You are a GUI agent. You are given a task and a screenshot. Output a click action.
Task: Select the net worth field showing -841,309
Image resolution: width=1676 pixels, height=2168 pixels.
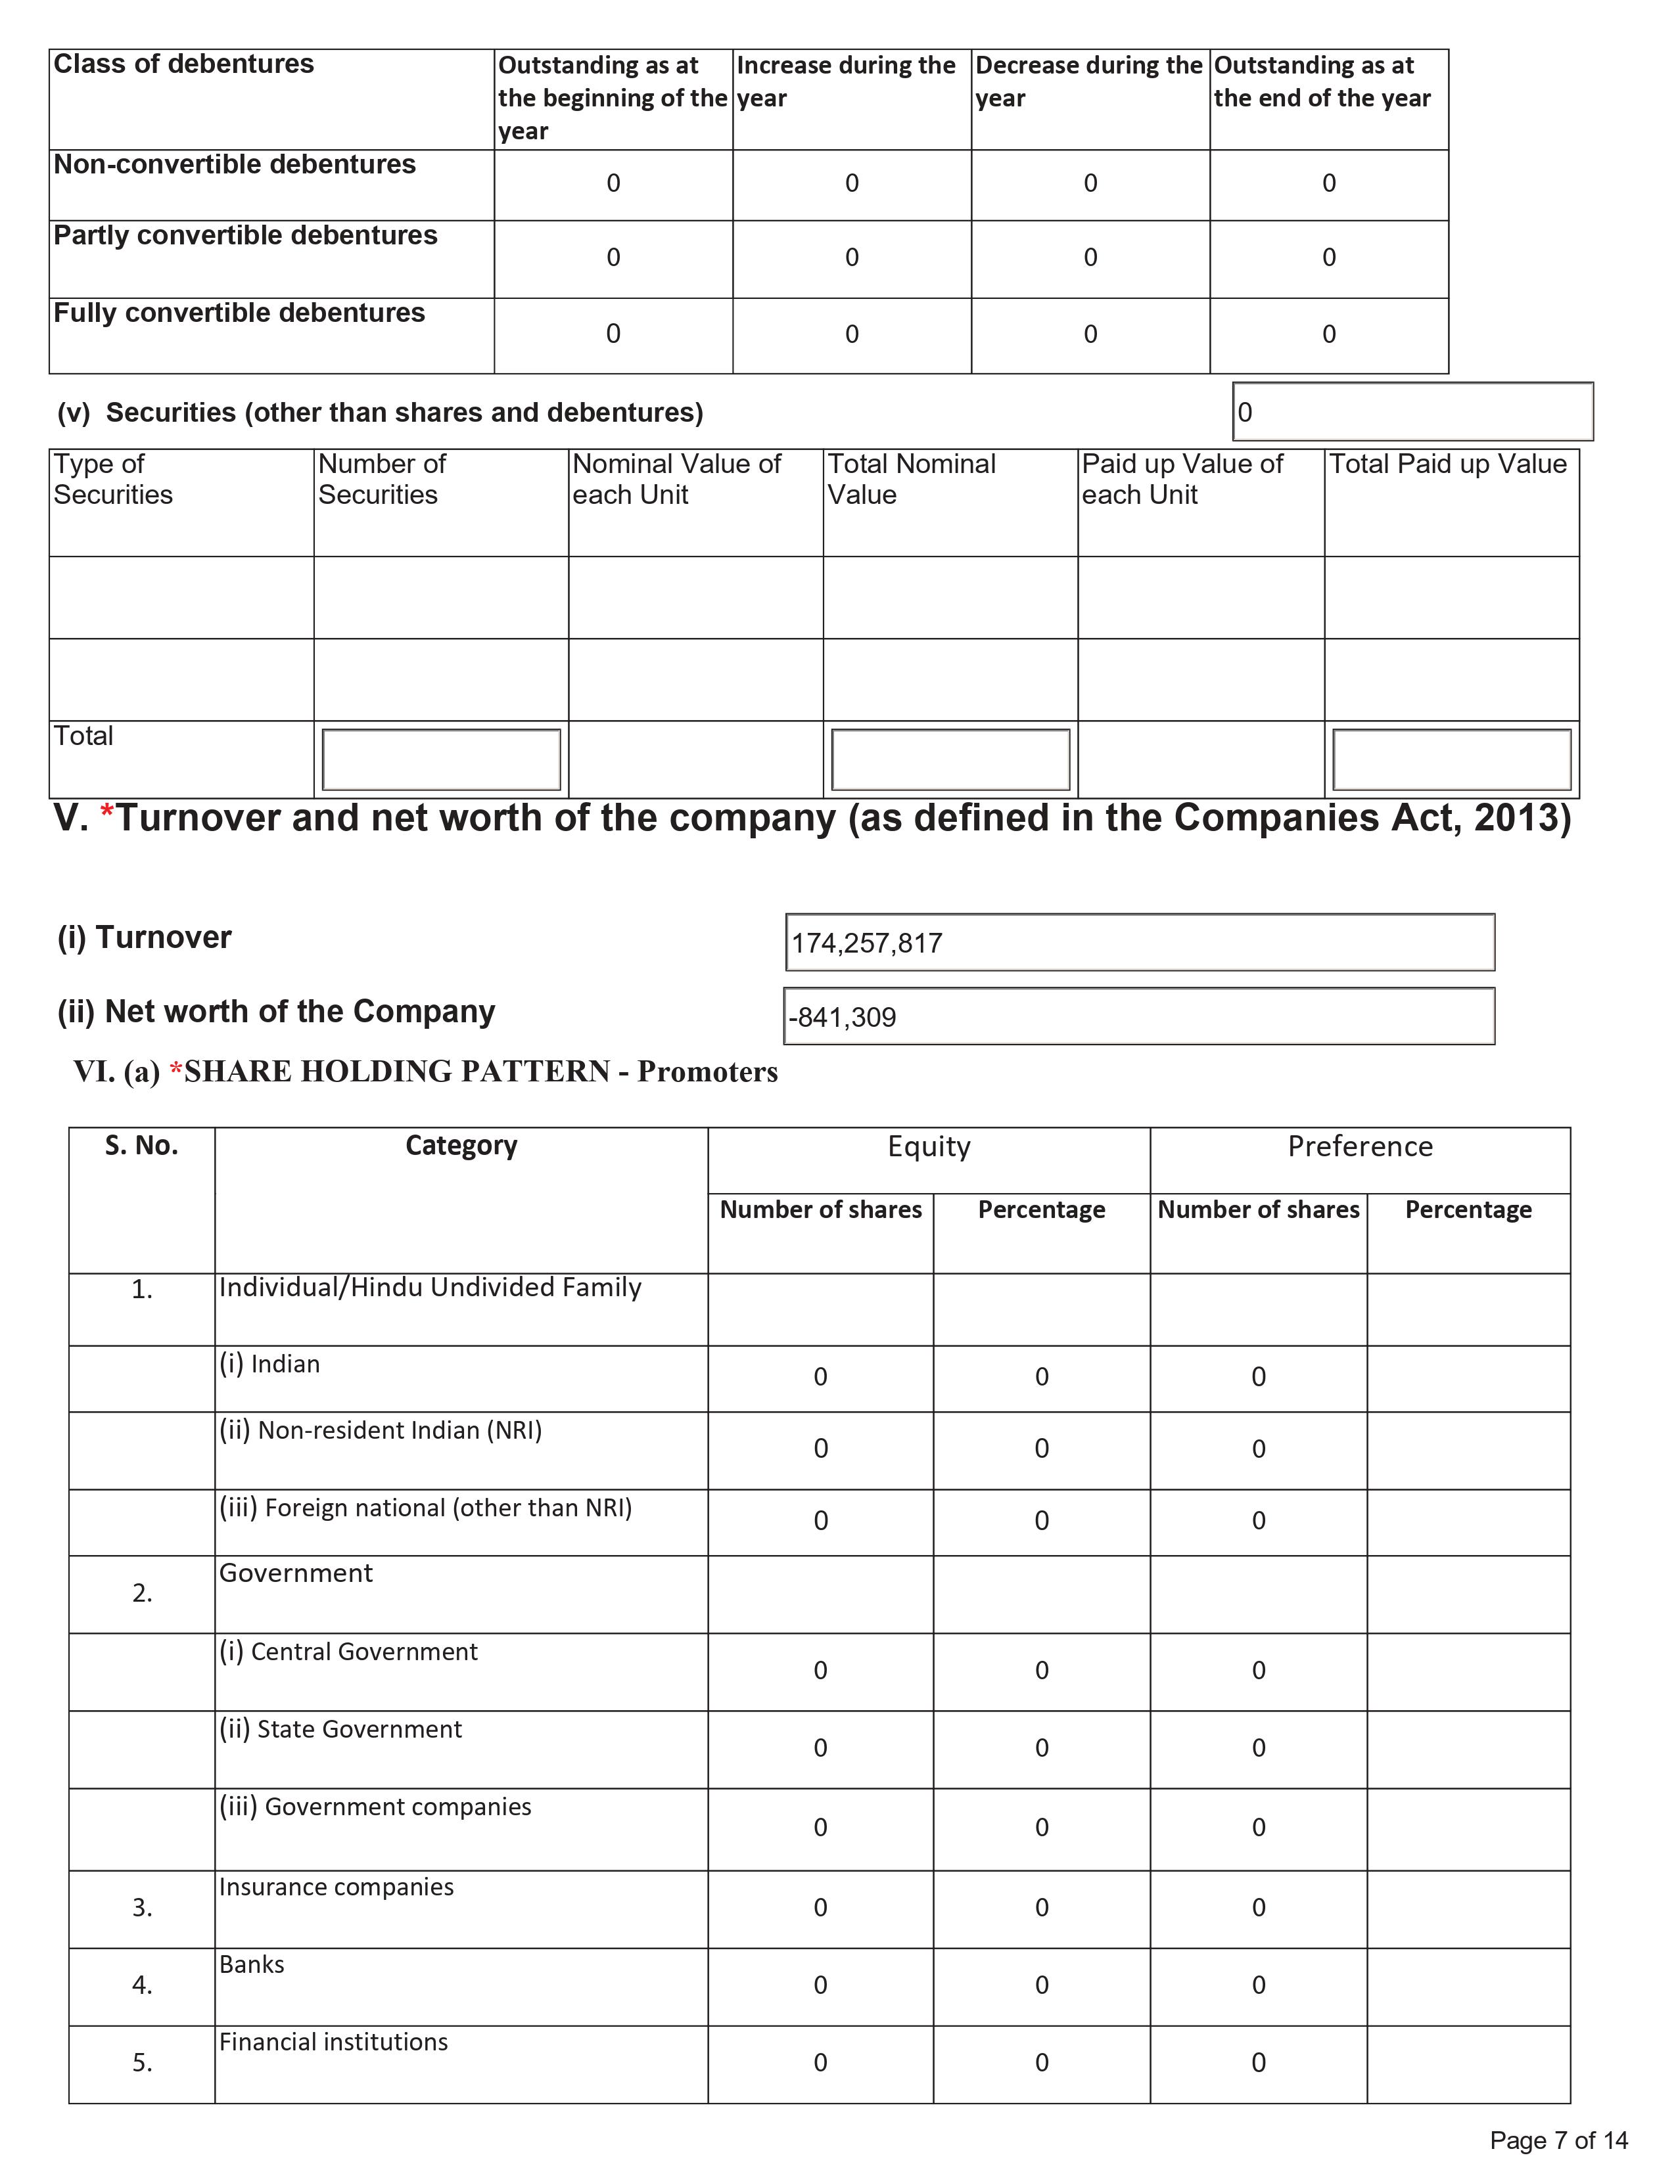pos(843,1018)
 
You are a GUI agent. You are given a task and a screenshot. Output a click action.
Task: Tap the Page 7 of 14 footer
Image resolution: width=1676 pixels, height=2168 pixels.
pos(1558,2140)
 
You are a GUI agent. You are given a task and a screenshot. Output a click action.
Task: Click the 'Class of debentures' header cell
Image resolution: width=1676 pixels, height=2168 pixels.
pos(183,64)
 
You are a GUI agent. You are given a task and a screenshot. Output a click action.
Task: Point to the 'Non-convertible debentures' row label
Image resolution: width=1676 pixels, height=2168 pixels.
pos(235,165)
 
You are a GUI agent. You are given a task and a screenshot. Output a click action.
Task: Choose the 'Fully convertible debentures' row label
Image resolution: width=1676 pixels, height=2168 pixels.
pos(239,313)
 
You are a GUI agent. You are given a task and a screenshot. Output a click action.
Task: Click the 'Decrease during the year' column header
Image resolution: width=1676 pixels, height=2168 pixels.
pos(1088,81)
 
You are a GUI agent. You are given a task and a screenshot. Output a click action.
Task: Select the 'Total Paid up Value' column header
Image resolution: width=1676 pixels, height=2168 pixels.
pos(1448,464)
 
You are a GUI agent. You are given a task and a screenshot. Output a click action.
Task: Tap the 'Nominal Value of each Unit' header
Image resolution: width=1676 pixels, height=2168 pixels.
pos(676,480)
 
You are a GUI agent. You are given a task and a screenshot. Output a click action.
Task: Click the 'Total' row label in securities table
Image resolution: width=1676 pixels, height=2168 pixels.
pos(83,736)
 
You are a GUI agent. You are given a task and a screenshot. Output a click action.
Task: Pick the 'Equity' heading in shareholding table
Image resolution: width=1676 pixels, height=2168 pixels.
pos(928,1146)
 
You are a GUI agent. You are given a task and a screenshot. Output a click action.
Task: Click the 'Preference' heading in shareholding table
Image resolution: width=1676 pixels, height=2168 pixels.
pos(1359,1146)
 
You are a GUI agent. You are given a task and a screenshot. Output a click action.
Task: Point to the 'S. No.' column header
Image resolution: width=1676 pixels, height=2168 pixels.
pos(142,1146)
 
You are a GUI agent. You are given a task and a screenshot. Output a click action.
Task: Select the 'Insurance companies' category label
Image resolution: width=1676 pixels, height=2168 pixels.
pos(336,1887)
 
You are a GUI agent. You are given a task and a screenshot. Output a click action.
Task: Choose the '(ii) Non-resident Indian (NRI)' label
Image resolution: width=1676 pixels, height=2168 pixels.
pos(381,1430)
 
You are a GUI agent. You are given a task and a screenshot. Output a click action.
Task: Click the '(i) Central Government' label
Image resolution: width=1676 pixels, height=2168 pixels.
pos(348,1652)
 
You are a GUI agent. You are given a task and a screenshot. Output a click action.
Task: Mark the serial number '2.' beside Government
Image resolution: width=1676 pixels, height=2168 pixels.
pos(142,1593)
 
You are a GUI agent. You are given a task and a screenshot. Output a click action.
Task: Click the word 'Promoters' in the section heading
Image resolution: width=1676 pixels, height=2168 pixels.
pos(707,1072)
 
